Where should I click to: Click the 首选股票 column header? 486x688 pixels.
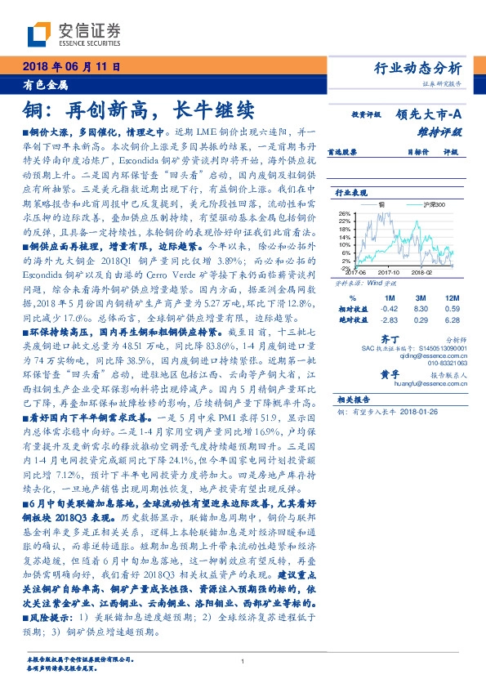[343, 151]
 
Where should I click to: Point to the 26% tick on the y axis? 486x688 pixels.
[343, 214]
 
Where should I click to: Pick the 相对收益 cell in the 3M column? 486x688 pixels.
[421, 310]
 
